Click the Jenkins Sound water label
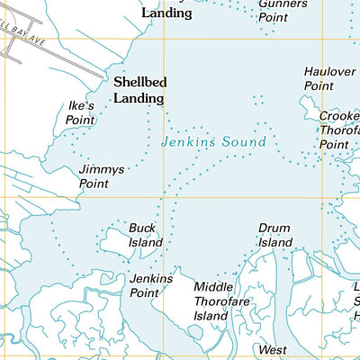click(213, 142)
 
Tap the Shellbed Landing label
click(139, 88)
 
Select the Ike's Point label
click(81, 112)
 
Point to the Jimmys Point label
click(100, 175)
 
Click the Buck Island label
click(145, 236)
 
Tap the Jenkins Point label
click(150, 285)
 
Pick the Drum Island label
click(275, 236)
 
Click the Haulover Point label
click(325, 78)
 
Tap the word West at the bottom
click(273, 348)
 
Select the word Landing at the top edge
click(166, 13)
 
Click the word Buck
click(142, 229)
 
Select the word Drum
click(274, 229)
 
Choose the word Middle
click(213, 287)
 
